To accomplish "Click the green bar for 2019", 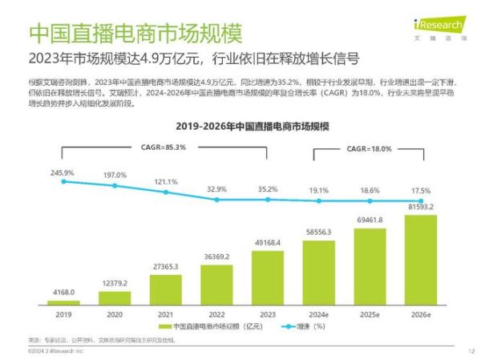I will [x=63, y=302].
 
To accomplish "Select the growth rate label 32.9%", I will [x=217, y=188].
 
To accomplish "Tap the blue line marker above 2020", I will [x=115, y=186].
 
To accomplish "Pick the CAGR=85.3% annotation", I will [x=164, y=147].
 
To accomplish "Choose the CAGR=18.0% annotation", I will [x=369, y=148].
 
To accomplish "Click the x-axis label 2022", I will [x=216, y=314].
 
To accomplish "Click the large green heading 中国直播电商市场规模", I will [x=135, y=33].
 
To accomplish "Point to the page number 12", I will [x=471, y=351].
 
